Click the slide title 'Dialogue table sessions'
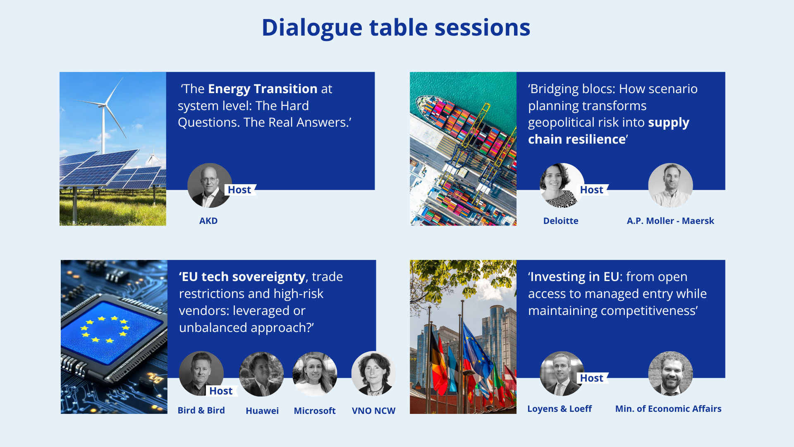click(x=396, y=28)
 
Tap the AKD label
click(x=208, y=221)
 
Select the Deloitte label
click(x=561, y=221)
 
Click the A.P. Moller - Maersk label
click(x=670, y=221)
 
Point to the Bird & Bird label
click(x=201, y=410)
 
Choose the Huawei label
click(x=262, y=411)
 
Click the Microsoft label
click(x=315, y=411)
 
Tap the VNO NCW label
click(x=373, y=411)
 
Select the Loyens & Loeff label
click(x=560, y=409)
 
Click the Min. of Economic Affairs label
click(x=668, y=409)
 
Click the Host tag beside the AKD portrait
click(x=240, y=190)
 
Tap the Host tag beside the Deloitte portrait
click(x=592, y=190)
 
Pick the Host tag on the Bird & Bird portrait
click(x=221, y=391)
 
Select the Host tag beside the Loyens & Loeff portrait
click(x=592, y=378)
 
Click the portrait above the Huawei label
click(x=261, y=374)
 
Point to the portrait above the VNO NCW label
click(x=373, y=373)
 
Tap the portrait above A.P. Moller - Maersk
click(x=670, y=185)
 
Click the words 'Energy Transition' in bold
click(x=263, y=89)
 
